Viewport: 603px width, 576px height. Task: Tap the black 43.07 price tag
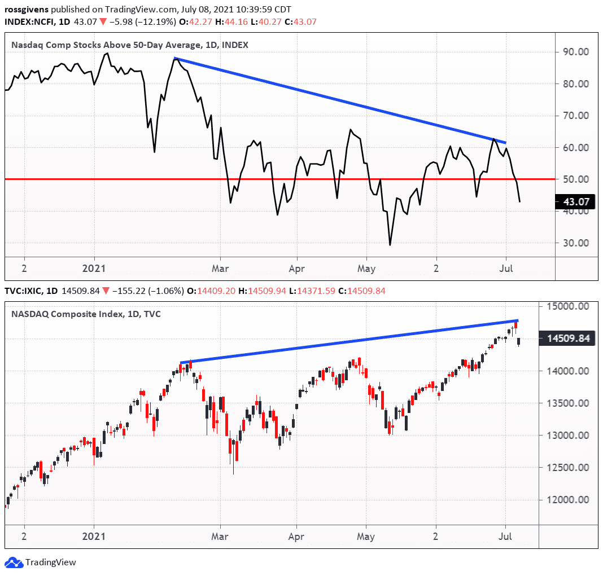(574, 201)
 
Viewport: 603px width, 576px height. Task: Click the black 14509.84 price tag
(570, 339)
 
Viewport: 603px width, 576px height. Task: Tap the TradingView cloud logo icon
(14, 562)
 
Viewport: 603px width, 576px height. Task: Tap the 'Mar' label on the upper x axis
(220, 269)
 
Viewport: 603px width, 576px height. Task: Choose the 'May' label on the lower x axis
(366, 537)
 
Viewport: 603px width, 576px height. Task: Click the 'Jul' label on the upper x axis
(506, 269)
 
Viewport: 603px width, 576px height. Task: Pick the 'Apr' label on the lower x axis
(296, 537)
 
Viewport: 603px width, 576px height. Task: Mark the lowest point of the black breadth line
(390, 245)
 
